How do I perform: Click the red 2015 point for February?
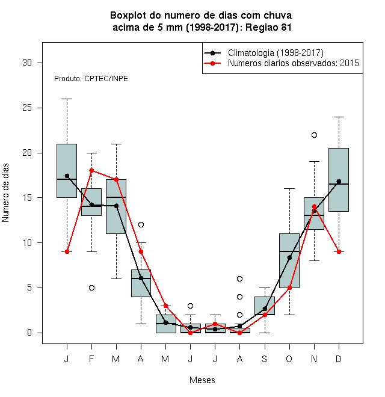coord(91,170)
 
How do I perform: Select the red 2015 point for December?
coord(339,251)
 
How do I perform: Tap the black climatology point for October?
coord(289,257)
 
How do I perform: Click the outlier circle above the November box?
coord(314,135)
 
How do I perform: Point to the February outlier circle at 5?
coord(91,288)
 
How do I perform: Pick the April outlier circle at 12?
coord(141,224)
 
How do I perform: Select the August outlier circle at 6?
coord(239,279)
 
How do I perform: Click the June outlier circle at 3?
coord(190,306)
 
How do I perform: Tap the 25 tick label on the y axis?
coord(27,108)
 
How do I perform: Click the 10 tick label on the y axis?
coord(27,243)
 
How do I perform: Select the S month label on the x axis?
coord(265,359)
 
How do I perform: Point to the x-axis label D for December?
coord(339,359)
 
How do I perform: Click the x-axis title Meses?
coord(202,380)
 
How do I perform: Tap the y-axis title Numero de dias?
coord(5,193)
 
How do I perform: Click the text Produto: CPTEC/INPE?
coord(91,79)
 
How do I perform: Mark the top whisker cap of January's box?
coord(67,99)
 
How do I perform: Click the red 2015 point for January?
coord(67,251)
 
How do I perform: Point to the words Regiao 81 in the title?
coord(268,27)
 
